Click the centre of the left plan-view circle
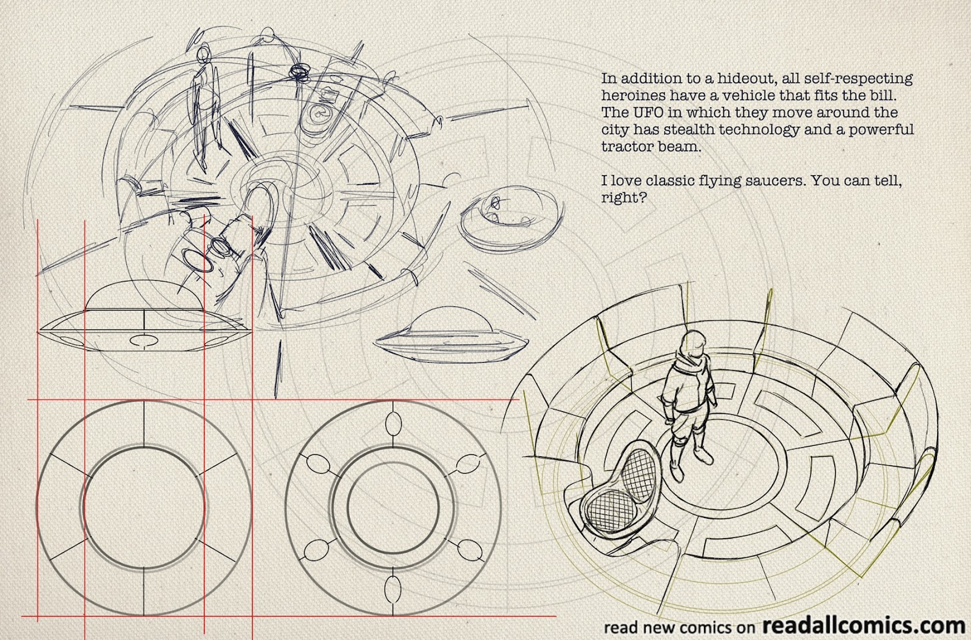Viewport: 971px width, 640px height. click(143, 508)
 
